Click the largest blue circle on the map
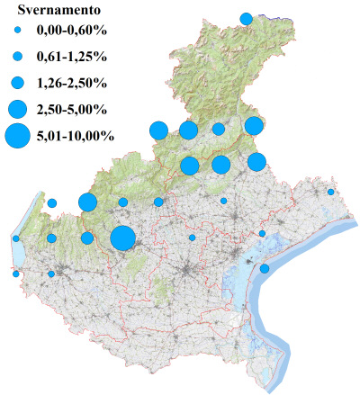pos(122,238)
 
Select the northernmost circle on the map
pos(246,18)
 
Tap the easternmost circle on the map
pos(331,192)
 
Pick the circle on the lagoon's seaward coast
pos(265,268)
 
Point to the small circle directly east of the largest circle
pos(192,238)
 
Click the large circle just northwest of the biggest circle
pos(87,202)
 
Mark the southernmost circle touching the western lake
pos(16,274)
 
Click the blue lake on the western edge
pos(19,256)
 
